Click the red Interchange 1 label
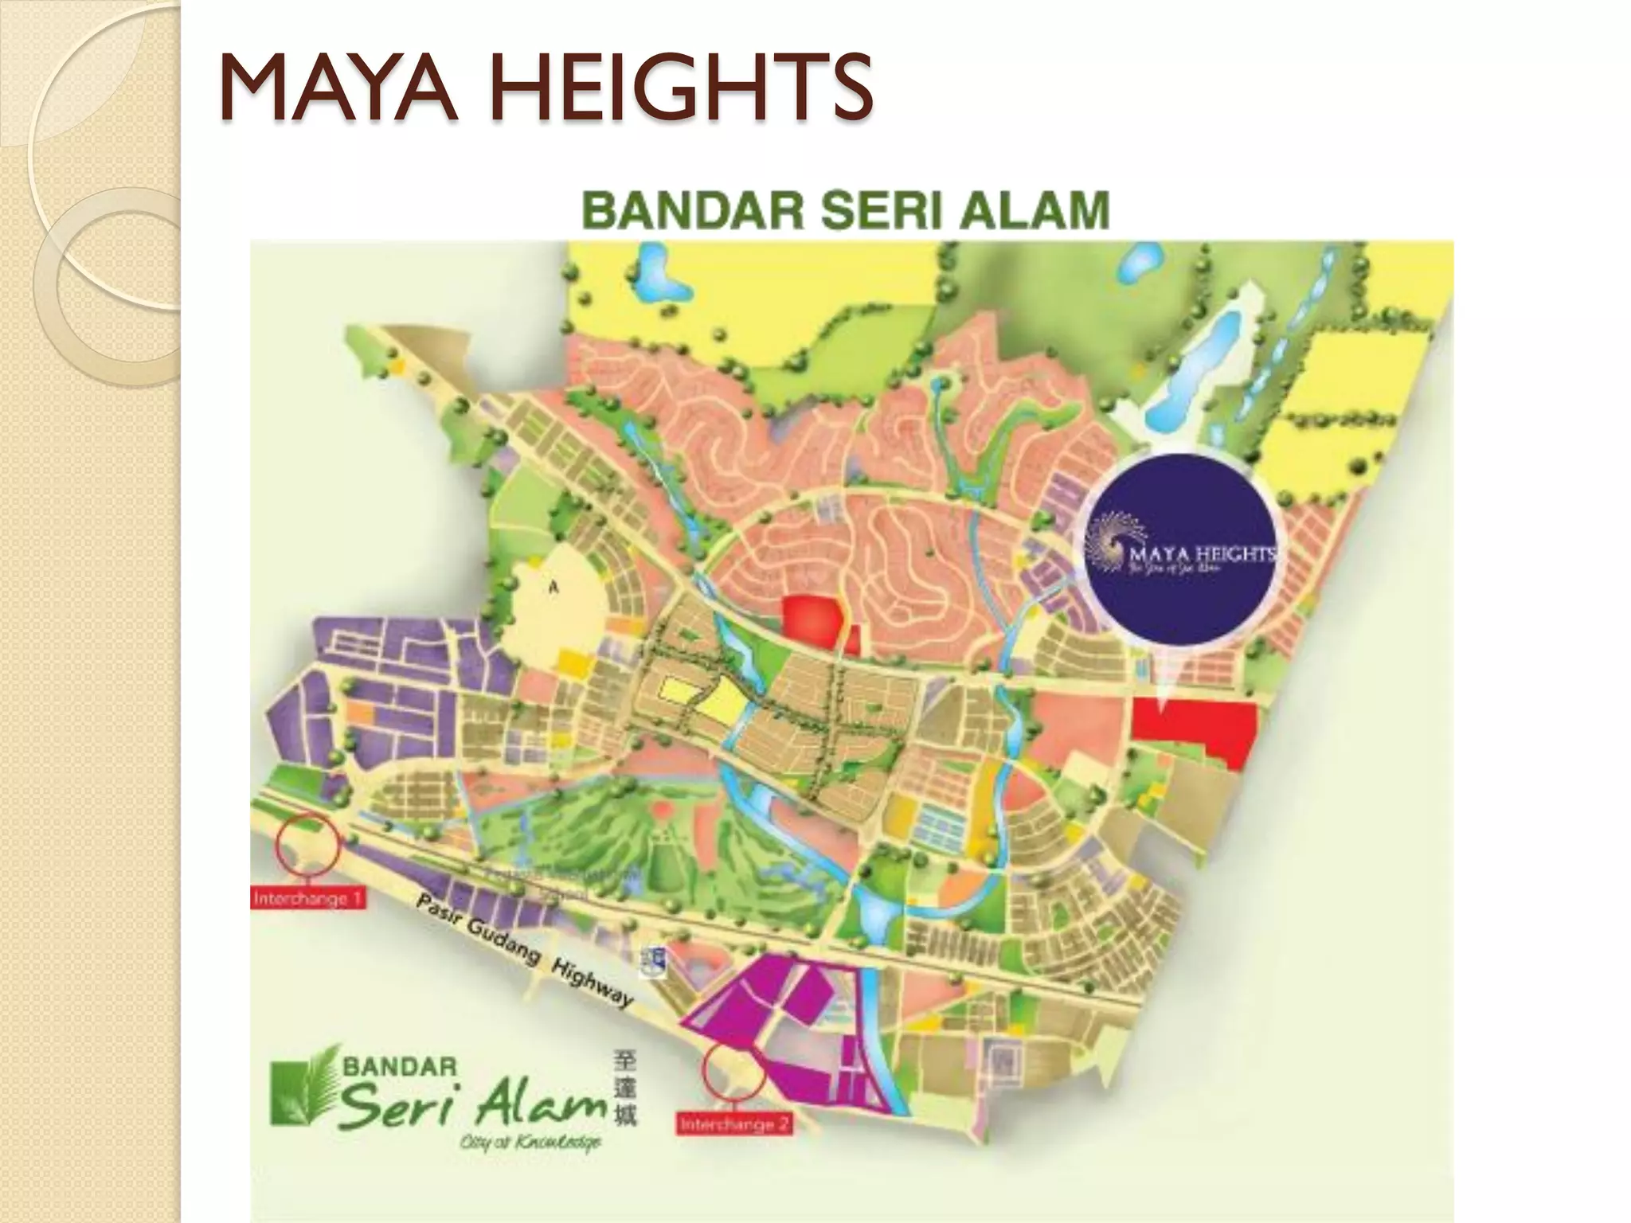click(x=308, y=899)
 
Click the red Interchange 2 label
click(x=734, y=1125)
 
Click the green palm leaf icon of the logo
click(x=300, y=1089)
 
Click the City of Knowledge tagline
click(x=530, y=1143)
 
